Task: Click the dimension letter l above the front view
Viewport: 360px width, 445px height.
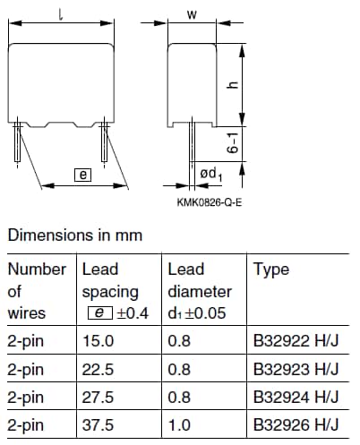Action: click(x=61, y=14)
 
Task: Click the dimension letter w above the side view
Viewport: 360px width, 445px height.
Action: click(x=192, y=14)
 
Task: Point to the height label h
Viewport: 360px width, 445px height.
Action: click(x=233, y=84)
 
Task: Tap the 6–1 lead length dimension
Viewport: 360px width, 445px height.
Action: click(x=233, y=143)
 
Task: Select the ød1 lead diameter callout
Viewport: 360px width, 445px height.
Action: click(x=211, y=175)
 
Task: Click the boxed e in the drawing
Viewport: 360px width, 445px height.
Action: click(x=83, y=175)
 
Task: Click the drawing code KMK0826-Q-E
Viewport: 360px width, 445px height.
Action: click(x=210, y=202)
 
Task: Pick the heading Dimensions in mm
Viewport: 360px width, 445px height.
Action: click(x=75, y=235)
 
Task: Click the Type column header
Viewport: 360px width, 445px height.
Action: click(x=271, y=270)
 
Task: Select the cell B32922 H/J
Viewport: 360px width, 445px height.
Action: click(x=296, y=340)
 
